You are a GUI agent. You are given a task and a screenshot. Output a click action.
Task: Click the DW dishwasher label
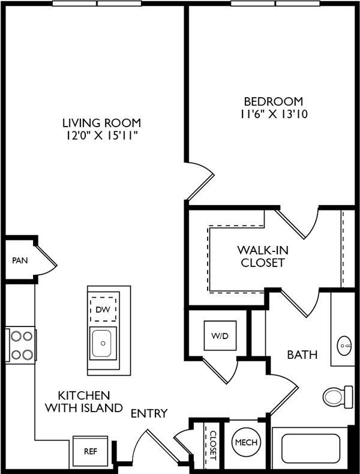point(103,309)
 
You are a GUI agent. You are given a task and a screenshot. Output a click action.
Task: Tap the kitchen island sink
point(103,343)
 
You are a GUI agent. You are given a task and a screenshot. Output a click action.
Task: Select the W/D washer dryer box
point(220,335)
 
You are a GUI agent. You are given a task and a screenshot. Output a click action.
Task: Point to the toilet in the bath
point(338,397)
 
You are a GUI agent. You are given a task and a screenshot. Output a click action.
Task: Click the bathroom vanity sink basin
point(344,345)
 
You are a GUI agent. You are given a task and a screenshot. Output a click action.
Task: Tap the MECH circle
point(247,443)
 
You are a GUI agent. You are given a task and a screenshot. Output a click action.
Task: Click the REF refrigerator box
point(91,451)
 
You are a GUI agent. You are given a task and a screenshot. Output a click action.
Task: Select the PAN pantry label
point(20,260)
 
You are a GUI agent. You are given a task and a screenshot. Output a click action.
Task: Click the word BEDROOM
point(273,101)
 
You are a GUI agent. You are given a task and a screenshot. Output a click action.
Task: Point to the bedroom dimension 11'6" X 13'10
point(274,114)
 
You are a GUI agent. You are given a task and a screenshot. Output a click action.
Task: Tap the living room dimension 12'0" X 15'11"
point(101,136)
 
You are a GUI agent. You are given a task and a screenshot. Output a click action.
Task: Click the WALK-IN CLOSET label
point(263,256)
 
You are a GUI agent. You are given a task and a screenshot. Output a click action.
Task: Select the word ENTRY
point(149,413)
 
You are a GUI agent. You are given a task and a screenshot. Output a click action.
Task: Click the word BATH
point(302,355)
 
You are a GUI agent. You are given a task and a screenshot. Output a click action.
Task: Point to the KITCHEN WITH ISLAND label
point(84,402)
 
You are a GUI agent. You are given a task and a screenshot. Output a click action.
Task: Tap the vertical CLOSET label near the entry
point(214,446)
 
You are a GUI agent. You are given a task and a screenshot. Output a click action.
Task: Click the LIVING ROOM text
point(101,123)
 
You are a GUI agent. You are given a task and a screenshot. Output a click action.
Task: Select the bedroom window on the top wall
point(275,4)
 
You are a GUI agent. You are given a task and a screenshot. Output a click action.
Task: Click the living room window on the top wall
point(97,4)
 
